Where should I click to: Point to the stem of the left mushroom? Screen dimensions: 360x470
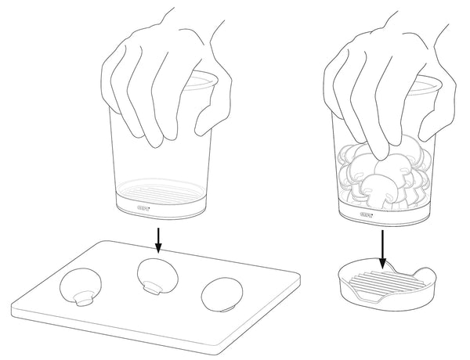point(84,297)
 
